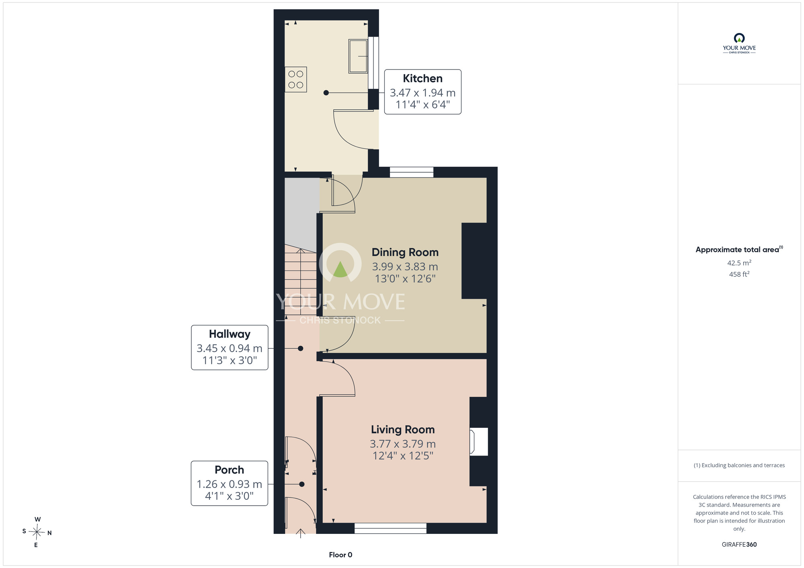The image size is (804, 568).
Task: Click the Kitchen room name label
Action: coord(423,78)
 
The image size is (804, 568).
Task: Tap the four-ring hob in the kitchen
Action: coord(296,80)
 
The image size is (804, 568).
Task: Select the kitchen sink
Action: coord(358,56)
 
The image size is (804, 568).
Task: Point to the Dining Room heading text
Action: coord(405,252)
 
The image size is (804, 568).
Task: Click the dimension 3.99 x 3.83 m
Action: coord(405,267)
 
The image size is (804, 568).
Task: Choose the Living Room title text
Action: coord(403,429)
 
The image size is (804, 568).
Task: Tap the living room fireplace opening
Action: coord(479,442)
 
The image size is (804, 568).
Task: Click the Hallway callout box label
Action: coord(230,334)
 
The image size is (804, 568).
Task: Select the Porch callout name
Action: coord(229,470)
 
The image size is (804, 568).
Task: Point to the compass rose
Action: coord(37,532)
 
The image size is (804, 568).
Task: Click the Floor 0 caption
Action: coord(340,555)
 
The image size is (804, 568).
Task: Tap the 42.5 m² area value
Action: coord(739,263)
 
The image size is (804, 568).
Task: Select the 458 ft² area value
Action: coord(739,274)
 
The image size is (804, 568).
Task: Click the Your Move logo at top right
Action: coord(739,43)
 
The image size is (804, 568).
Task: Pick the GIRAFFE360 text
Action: coord(739,545)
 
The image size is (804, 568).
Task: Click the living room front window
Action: coord(390,528)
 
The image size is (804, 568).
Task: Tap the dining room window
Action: coord(412,172)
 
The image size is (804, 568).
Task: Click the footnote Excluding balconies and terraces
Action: coord(739,465)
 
